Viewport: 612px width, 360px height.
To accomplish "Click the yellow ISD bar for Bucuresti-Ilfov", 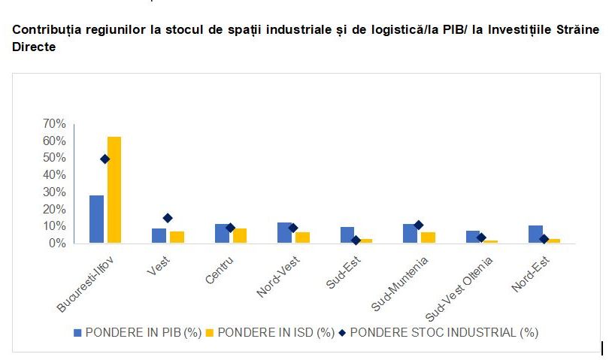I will [x=114, y=189].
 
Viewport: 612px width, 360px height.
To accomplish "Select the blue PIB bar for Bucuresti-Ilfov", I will [x=97, y=219].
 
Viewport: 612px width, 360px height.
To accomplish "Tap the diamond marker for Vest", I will [x=168, y=218].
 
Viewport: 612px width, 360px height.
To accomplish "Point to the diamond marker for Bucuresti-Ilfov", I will [x=105, y=159].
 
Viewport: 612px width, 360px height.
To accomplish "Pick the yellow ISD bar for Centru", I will [x=240, y=235].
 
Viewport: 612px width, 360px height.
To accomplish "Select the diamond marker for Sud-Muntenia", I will [x=419, y=225].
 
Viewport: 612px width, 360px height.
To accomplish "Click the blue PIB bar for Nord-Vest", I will [x=285, y=232].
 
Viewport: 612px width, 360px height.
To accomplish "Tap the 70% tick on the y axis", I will [x=56, y=124].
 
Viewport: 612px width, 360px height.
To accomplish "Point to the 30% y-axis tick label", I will [x=56, y=192].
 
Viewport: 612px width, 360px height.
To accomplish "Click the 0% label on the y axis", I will [x=59, y=244].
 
